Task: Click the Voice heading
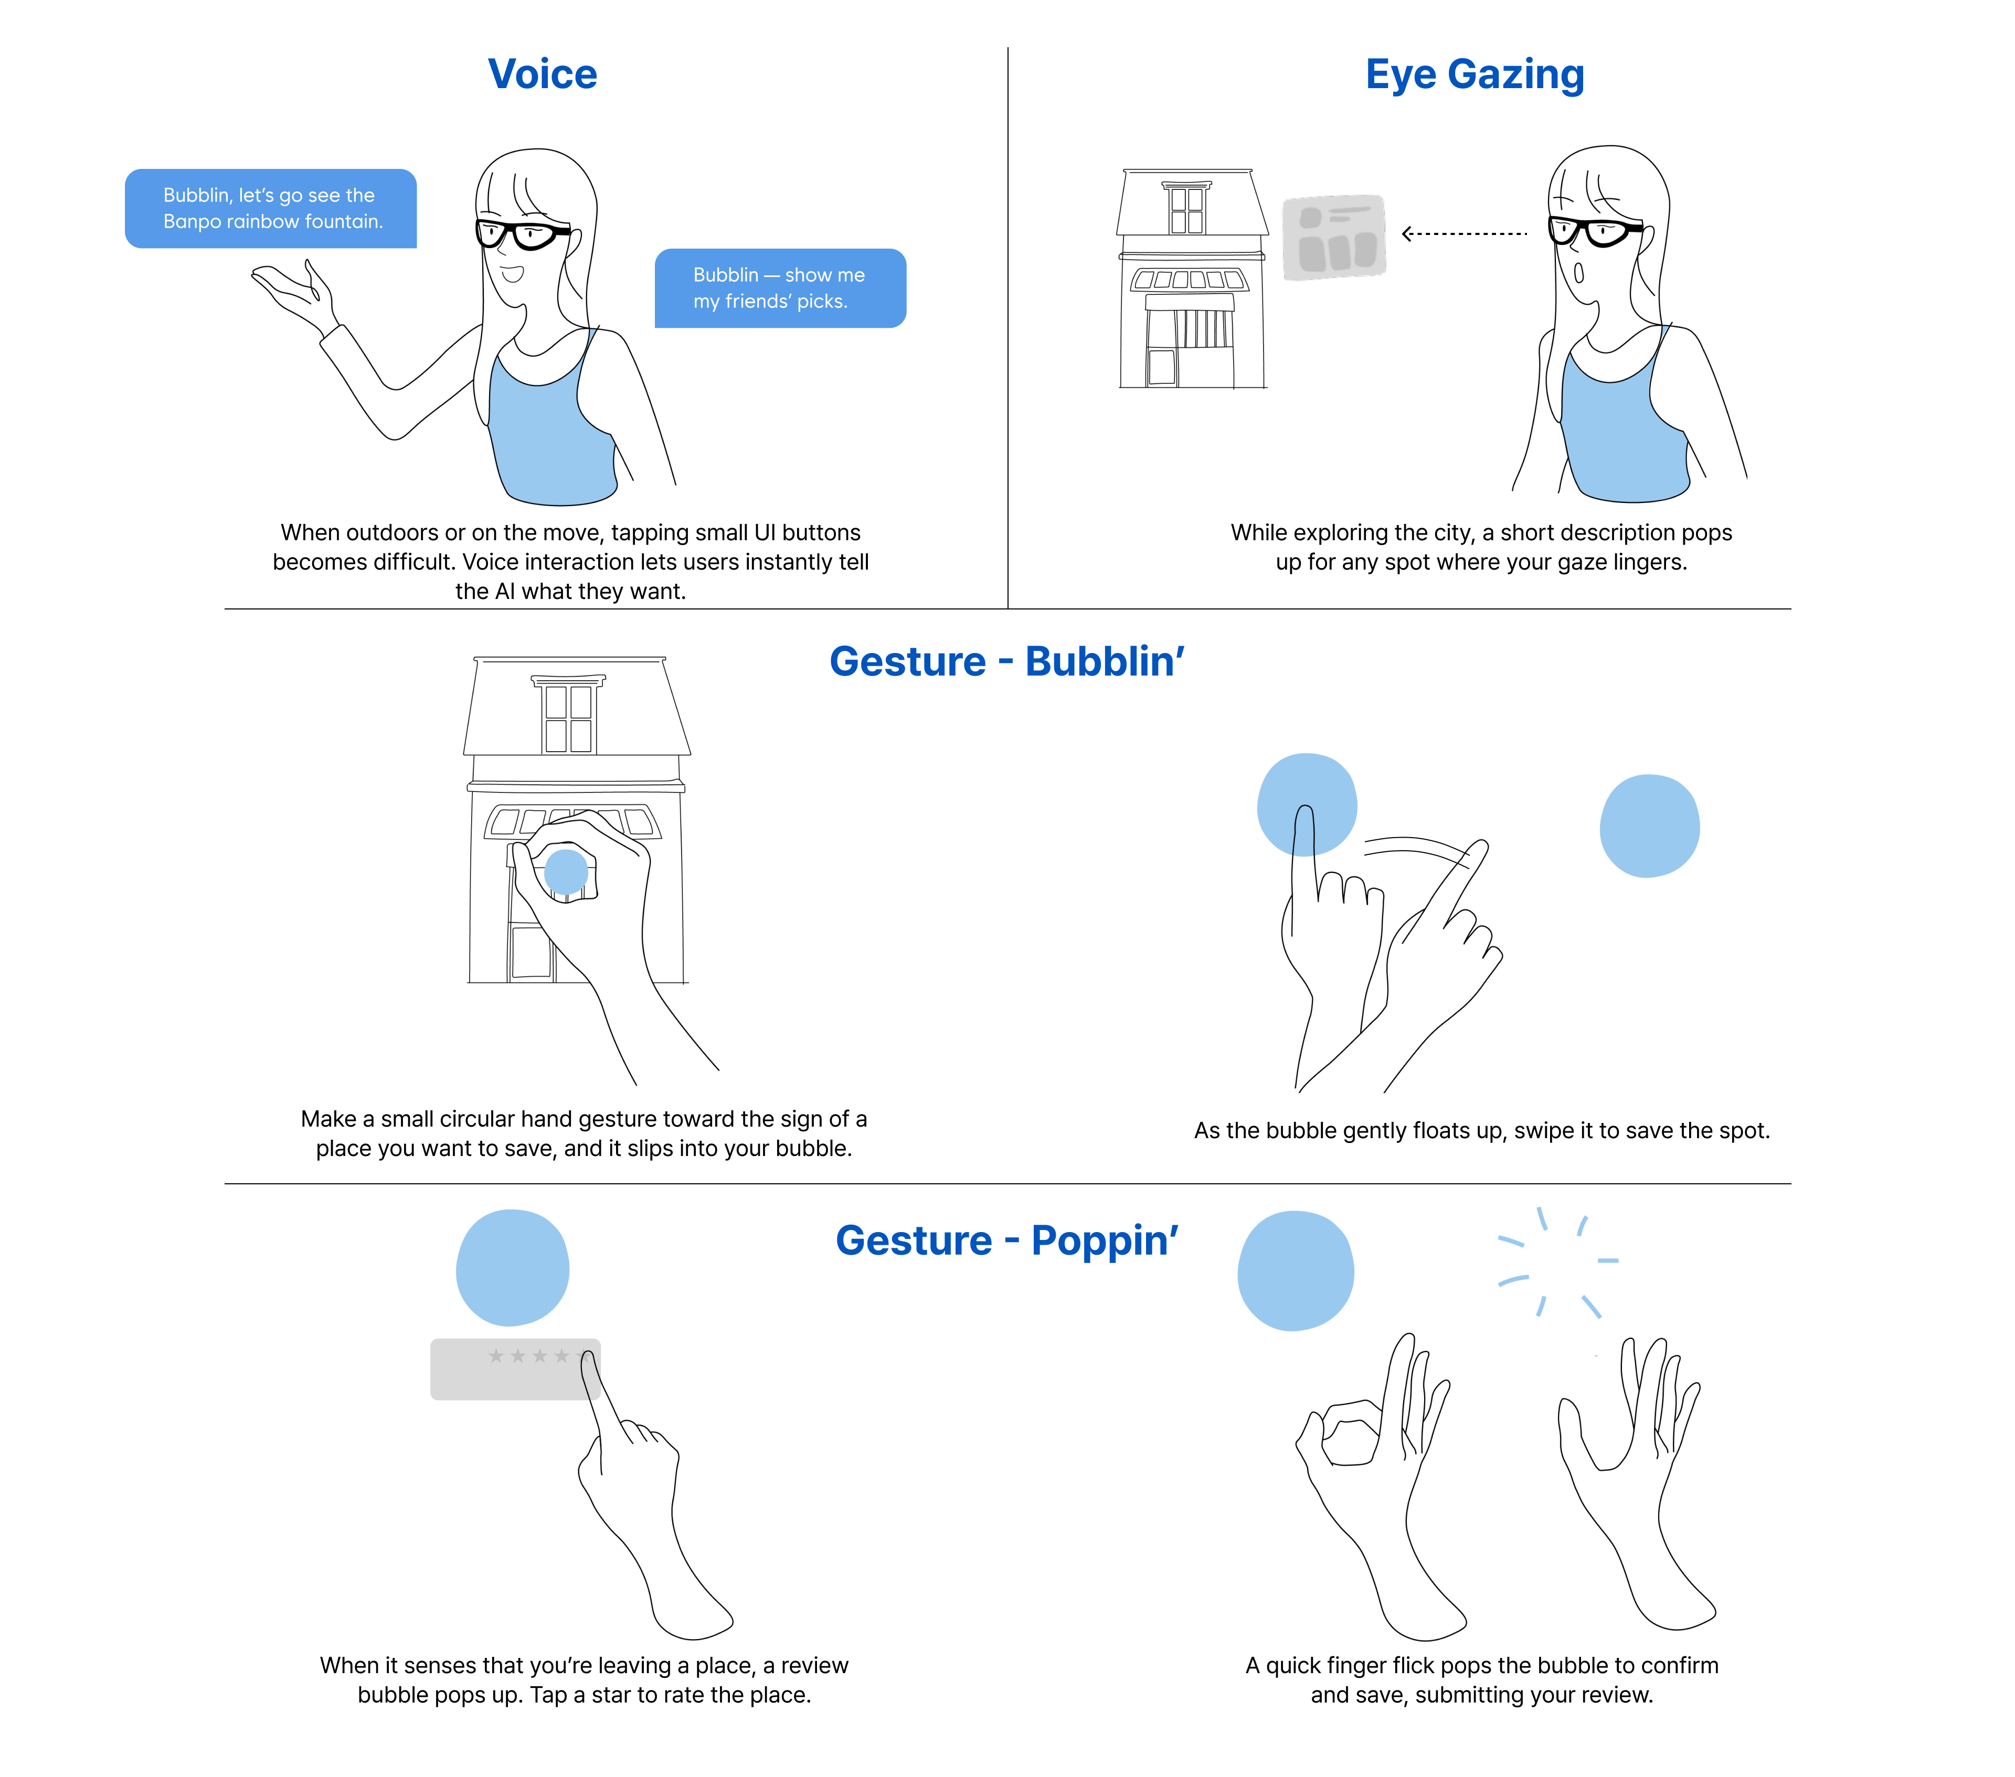tap(542, 74)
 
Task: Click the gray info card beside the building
tap(1334, 237)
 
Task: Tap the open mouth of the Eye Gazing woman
tap(1578, 272)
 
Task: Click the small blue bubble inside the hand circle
tap(566, 871)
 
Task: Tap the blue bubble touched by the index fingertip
tap(1306, 803)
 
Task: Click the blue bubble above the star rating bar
tap(513, 1268)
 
